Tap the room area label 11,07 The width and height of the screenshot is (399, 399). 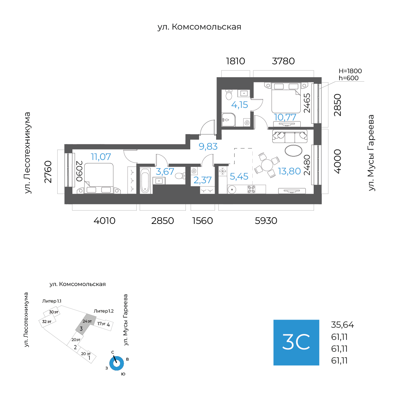[101, 157]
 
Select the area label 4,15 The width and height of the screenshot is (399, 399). [239, 105]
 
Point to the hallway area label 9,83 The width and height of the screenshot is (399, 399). [208, 146]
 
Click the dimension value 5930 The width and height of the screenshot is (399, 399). [266, 221]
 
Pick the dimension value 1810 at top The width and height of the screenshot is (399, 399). [235, 61]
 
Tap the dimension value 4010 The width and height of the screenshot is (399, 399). [105, 221]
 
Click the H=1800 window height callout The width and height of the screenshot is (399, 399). [350, 71]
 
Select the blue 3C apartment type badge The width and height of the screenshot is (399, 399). [296, 342]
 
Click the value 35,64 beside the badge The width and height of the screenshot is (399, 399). [342, 325]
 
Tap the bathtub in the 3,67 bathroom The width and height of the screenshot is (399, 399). [145, 180]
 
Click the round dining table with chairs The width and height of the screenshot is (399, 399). [267, 164]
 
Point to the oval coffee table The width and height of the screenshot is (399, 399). [294, 150]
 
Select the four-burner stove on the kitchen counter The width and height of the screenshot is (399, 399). [251, 189]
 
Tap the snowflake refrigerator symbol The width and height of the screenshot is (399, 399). [222, 171]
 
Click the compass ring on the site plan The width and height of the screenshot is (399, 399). [117, 363]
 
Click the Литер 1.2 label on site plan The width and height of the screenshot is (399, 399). [103, 311]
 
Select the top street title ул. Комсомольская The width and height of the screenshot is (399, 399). [199, 27]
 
